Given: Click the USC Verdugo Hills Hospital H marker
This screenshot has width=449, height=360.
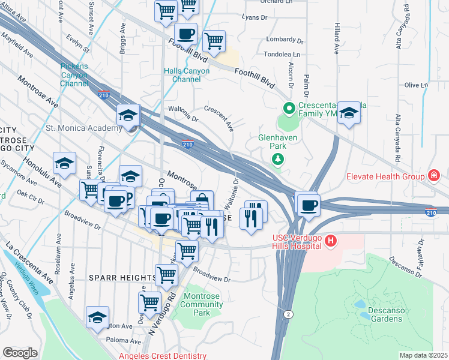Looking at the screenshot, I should [x=330, y=241].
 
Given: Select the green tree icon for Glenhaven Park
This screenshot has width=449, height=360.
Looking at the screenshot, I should [x=277, y=159].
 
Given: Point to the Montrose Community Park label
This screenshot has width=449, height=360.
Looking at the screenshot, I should [x=203, y=304].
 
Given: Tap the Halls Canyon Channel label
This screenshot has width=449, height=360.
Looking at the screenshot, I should [x=187, y=75].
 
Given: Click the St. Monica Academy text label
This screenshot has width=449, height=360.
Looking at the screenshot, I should [x=84, y=128].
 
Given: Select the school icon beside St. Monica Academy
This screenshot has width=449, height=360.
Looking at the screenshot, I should [x=129, y=114].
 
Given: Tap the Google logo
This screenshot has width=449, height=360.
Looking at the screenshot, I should [x=20, y=353].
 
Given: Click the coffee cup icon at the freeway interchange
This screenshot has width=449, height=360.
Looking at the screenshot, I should [x=308, y=205].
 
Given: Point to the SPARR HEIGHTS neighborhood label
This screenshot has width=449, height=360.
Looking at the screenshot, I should [x=122, y=277].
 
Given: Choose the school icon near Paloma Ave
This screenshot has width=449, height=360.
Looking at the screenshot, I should [x=97, y=318].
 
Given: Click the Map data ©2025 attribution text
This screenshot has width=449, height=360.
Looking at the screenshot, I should [x=423, y=355].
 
